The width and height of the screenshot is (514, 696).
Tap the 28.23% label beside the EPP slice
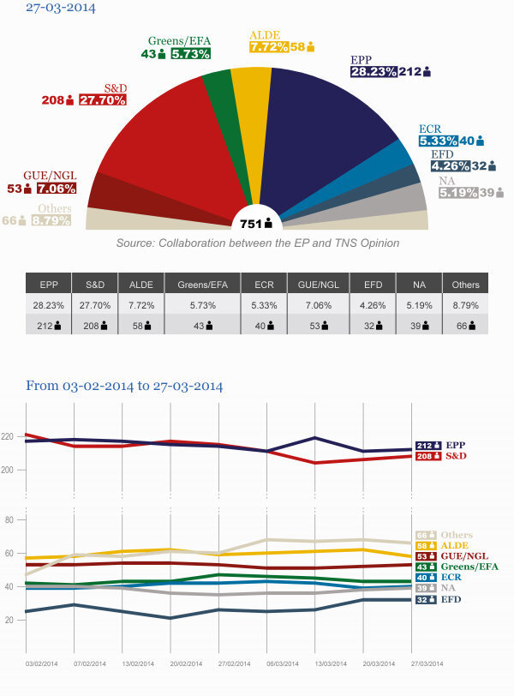(x=374, y=71)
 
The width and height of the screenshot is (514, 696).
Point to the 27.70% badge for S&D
(x=103, y=100)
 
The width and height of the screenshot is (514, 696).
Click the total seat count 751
(x=251, y=224)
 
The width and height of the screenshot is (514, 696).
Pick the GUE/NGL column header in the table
(x=319, y=285)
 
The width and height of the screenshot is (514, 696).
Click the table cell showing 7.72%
(x=141, y=305)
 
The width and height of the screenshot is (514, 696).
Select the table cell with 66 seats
(x=466, y=326)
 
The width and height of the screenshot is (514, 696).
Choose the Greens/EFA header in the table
(x=203, y=285)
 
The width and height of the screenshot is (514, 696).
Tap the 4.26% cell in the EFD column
(x=373, y=305)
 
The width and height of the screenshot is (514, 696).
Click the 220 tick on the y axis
(x=8, y=437)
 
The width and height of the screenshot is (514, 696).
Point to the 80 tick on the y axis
(x=9, y=519)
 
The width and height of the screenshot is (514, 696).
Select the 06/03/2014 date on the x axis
(x=283, y=663)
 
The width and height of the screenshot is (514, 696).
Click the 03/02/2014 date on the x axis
(x=42, y=663)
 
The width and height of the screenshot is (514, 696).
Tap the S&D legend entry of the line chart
(x=441, y=456)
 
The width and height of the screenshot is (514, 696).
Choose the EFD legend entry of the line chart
(x=438, y=600)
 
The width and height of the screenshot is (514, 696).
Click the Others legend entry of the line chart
(x=445, y=535)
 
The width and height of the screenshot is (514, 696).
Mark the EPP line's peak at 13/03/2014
(x=315, y=438)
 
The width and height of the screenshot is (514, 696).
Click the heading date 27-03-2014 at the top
(x=61, y=8)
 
